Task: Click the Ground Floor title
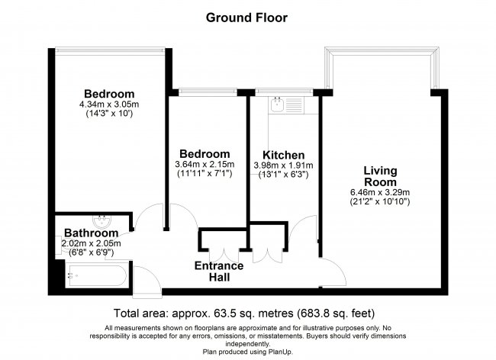(x=246, y=18)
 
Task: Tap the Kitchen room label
(x=284, y=155)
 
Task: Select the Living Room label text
(x=380, y=176)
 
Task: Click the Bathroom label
(x=91, y=233)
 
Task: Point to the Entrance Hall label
(x=219, y=272)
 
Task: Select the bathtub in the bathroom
(x=97, y=275)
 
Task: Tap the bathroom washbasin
(x=101, y=221)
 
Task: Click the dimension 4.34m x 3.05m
(x=109, y=104)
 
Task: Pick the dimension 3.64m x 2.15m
(x=205, y=164)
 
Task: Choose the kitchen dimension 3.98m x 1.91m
(x=283, y=166)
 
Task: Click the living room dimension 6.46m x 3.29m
(x=380, y=192)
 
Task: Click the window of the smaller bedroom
(x=208, y=92)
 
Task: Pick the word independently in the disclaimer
(x=248, y=344)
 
